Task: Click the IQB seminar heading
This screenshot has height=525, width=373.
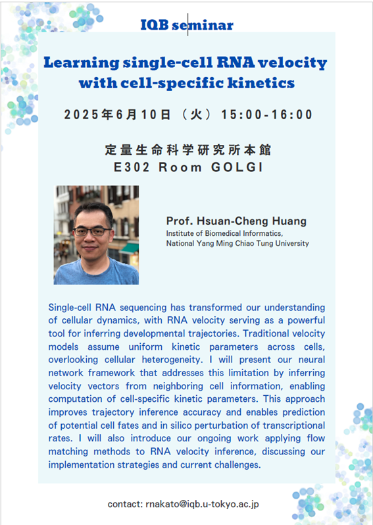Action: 187,25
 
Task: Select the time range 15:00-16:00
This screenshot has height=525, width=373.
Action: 266,115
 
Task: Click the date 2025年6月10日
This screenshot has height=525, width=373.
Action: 117,115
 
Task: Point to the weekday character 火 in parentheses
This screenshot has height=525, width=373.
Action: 196,115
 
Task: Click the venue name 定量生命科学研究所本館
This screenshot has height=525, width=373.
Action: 187,150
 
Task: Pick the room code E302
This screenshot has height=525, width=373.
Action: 132,167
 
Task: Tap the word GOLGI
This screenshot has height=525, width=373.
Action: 237,167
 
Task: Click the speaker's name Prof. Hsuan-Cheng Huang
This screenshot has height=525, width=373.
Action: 236,221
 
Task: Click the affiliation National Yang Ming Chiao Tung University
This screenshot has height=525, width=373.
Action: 237,244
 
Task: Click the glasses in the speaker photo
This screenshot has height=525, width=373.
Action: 91,231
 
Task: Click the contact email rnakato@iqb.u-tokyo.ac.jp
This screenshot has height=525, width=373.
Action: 183,504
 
